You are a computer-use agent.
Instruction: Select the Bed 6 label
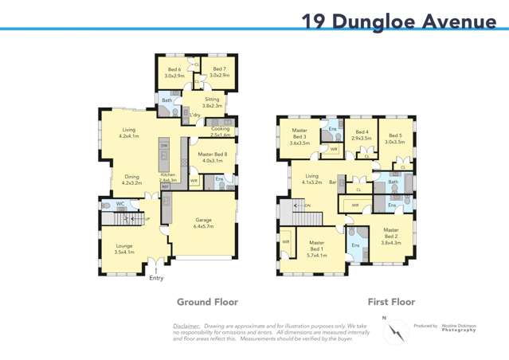(173, 72)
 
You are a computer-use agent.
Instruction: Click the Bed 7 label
(219, 72)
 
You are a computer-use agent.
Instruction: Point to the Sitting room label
(211, 103)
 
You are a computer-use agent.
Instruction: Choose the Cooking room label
(220, 131)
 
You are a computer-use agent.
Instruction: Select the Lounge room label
(124, 248)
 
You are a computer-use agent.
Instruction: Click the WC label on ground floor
(120, 204)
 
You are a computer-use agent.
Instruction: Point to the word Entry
(156, 278)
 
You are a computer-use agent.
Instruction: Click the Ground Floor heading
(207, 303)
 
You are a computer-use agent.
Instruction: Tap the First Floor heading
(391, 303)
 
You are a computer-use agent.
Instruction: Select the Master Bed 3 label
(300, 136)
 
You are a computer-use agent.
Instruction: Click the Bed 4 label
(362, 135)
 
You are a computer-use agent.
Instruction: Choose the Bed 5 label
(395, 139)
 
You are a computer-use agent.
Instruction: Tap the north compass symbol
(393, 332)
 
